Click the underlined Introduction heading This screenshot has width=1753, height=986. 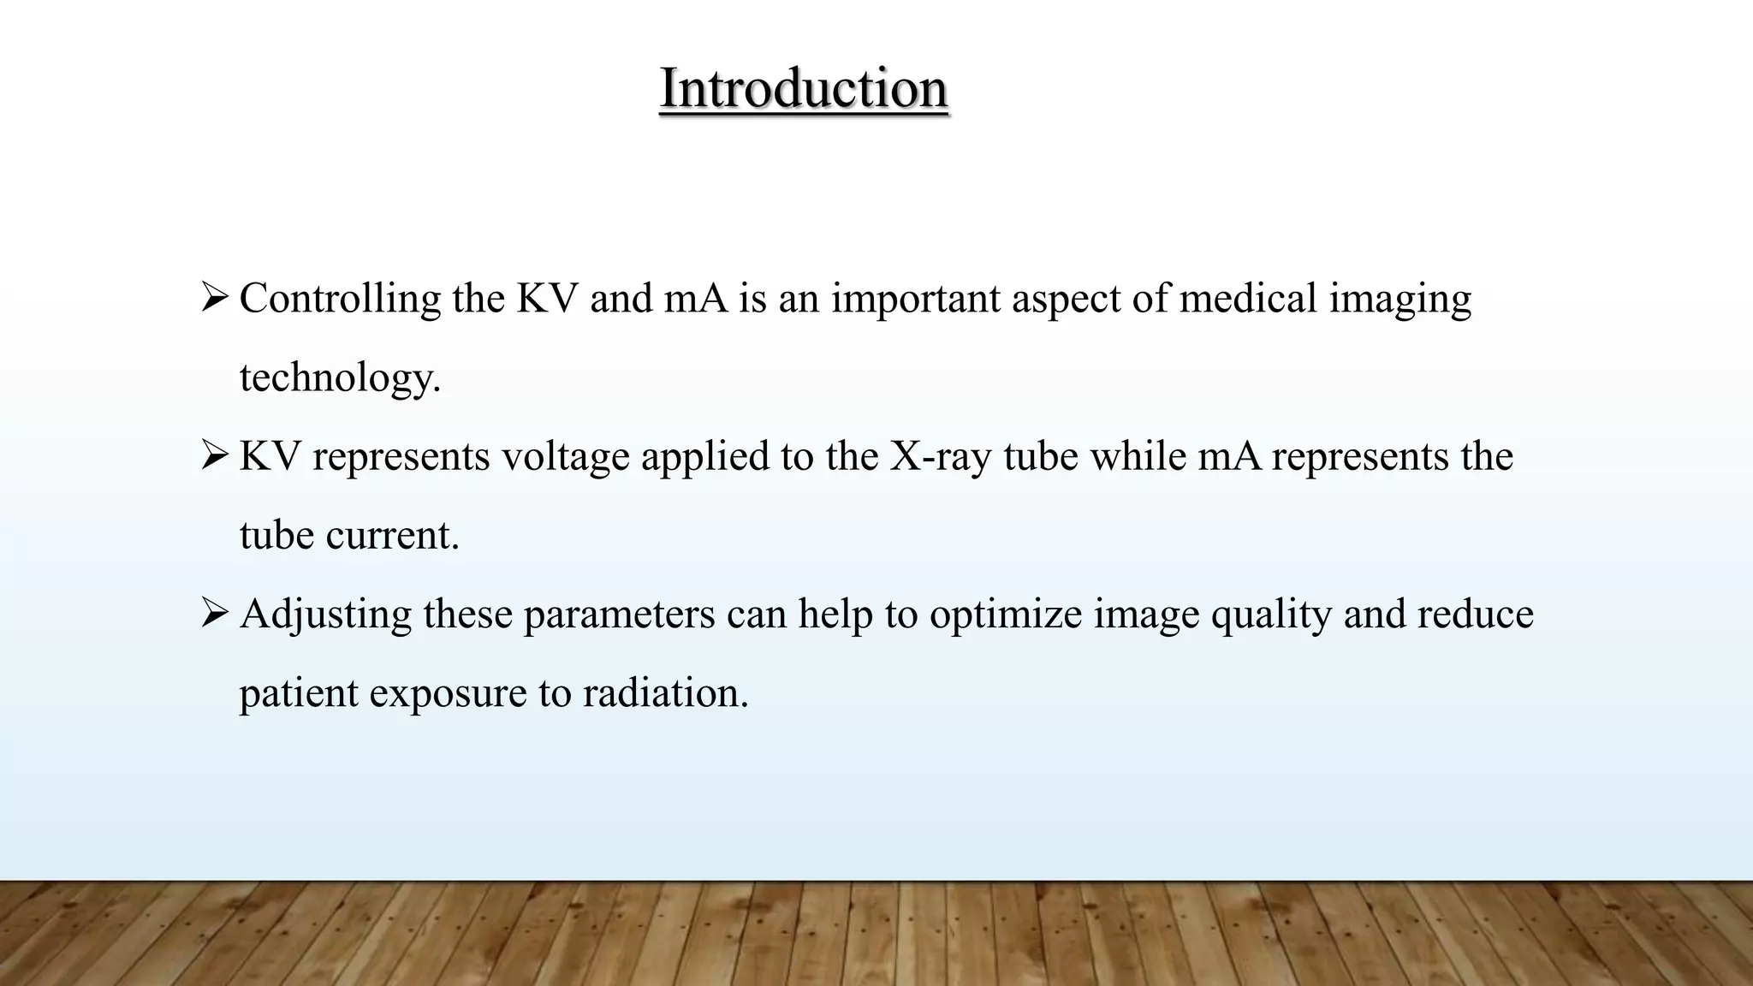(x=803, y=88)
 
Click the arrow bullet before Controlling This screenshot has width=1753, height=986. (x=213, y=298)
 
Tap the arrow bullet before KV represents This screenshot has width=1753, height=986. (x=213, y=455)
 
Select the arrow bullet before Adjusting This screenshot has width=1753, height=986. (x=213, y=613)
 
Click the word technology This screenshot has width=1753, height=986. (x=339, y=378)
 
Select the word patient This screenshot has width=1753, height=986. (x=298, y=693)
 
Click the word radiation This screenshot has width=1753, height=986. (x=665, y=692)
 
